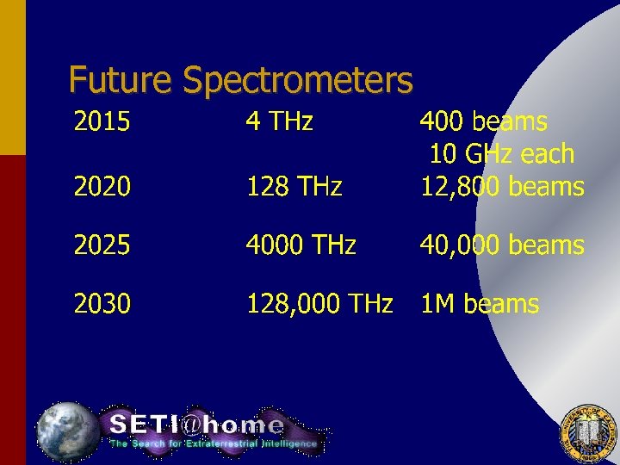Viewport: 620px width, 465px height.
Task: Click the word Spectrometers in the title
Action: click(x=298, y=82)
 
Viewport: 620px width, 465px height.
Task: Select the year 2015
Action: click(x=102, y=122)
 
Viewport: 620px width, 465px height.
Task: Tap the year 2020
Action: click(x=102, y=186)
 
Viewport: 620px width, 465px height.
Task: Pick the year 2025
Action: click(x=102, y=245)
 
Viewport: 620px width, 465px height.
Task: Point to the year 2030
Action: click(x=102, y=304)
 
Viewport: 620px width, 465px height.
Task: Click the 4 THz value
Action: click(x=279, y=122)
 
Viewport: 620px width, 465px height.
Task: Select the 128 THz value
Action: click(x=294, y=186)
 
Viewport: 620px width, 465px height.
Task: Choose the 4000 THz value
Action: click(x=301, y=245)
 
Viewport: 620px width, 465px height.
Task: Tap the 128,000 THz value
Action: click(x=319, y=304)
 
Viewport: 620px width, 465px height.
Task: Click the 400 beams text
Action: click(x=483, y=122)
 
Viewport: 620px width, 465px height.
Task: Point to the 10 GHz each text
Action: click(x=501, y=154)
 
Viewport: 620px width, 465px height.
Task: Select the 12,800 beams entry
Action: click(x=502, y=186)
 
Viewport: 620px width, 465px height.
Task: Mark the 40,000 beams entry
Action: click(x=502, y=245)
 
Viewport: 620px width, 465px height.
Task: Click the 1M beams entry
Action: click(x=479, y=304)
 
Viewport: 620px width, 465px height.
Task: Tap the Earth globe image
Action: click(x=67, y=431)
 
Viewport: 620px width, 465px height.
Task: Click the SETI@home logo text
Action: click(x=196, y=425)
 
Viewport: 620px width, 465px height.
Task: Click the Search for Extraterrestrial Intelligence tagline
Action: click(x=213, y=444)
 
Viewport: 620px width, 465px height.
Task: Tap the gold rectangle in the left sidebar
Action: click(x=13, y=77)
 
